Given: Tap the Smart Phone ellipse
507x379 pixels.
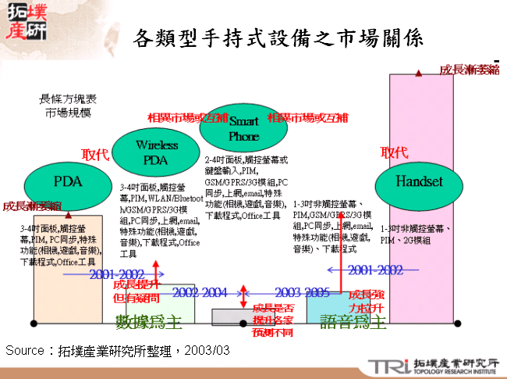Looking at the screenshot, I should tap(243, 129).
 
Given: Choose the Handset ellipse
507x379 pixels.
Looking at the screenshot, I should tap(419, 182).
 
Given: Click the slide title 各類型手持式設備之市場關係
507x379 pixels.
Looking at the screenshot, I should tap(278, 38).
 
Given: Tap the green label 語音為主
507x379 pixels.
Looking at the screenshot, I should tap(353, 321).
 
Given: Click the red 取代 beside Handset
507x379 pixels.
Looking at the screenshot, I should tap(394, 152).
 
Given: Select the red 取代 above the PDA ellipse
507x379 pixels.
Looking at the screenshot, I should tap(95, 155).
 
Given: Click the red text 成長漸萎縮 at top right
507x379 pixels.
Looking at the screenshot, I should tap(469, 70).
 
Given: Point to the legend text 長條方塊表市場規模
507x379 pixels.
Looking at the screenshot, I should tap(68, 106).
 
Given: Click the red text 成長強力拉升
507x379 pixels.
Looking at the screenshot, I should tap(365, 301).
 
